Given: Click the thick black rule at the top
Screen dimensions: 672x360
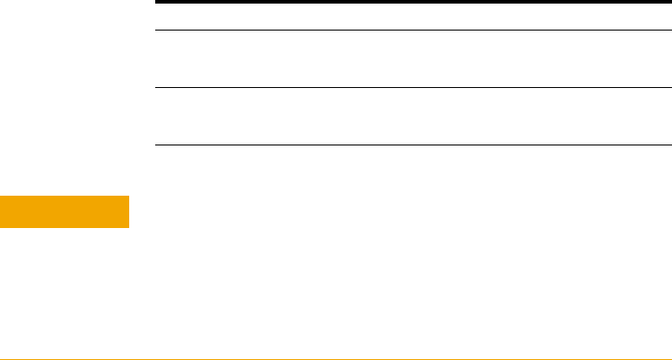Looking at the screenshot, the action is (x=414, y=2).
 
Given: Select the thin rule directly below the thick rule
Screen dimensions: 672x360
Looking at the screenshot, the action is (x=414, y=31).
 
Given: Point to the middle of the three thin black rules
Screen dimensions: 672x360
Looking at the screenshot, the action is (x=414, y=87).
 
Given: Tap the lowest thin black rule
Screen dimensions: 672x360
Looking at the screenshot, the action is (x=414, y=145).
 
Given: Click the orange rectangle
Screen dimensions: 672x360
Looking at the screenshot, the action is (x=65, y=211).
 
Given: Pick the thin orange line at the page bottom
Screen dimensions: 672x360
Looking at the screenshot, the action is (x=336, y=358).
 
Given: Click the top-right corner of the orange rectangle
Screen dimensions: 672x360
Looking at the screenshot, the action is (x=128, y=195).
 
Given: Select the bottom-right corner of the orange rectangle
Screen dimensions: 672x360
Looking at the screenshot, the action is (x=128, y=227).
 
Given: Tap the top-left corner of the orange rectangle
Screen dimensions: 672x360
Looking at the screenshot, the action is (x=1, y=195).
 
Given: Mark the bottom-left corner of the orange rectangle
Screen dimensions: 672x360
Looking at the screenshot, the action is (x=1, y=227).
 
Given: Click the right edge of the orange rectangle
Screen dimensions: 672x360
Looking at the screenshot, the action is (x=128, y=211).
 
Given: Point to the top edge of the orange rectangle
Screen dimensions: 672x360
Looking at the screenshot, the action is (x=65, y=195).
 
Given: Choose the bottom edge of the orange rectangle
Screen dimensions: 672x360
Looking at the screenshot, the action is (x=65, y=227).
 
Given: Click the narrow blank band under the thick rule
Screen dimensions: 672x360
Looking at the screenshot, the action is (x=414, y=16).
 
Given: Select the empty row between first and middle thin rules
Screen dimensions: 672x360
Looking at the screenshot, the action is (x=414, y=59).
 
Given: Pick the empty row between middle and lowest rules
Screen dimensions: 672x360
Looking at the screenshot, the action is (x=414, y=116).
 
